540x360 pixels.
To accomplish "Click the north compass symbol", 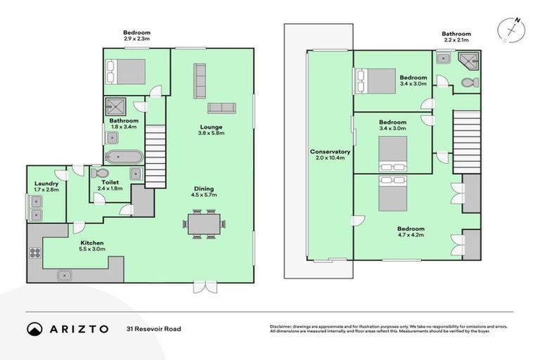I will coord(510,30).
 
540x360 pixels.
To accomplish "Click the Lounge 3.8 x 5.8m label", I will coord(210,130).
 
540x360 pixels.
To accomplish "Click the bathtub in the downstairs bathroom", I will coord(124,157).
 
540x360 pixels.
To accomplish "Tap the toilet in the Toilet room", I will coord(100,173).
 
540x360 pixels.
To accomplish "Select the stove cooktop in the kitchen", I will coord(34,252).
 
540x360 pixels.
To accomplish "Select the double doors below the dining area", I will coord(205,288).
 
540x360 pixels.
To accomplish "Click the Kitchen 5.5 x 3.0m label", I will coord(92,245).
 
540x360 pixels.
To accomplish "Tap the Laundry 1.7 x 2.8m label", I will coord(46,188).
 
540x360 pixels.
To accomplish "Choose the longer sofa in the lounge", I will coord(199,80).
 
